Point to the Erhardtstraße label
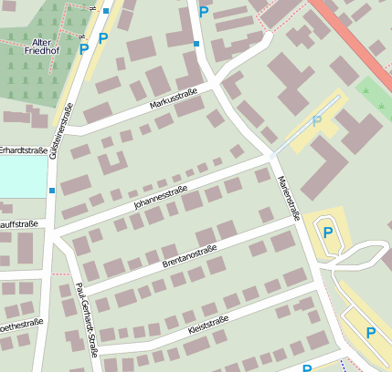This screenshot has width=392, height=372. point(23,150)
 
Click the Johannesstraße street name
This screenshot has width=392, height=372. point(160,198)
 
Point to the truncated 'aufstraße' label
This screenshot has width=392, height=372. point(19,223)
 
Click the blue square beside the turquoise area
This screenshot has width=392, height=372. point(51,191)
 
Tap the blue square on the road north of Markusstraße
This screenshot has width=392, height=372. point(196,44)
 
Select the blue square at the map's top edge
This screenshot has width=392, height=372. point(106,11)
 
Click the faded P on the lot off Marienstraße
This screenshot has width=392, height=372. point(317,120)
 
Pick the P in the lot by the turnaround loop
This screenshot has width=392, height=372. point(327,233)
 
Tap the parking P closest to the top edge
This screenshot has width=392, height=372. point(203,12)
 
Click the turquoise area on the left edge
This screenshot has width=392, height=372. point(22,178)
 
